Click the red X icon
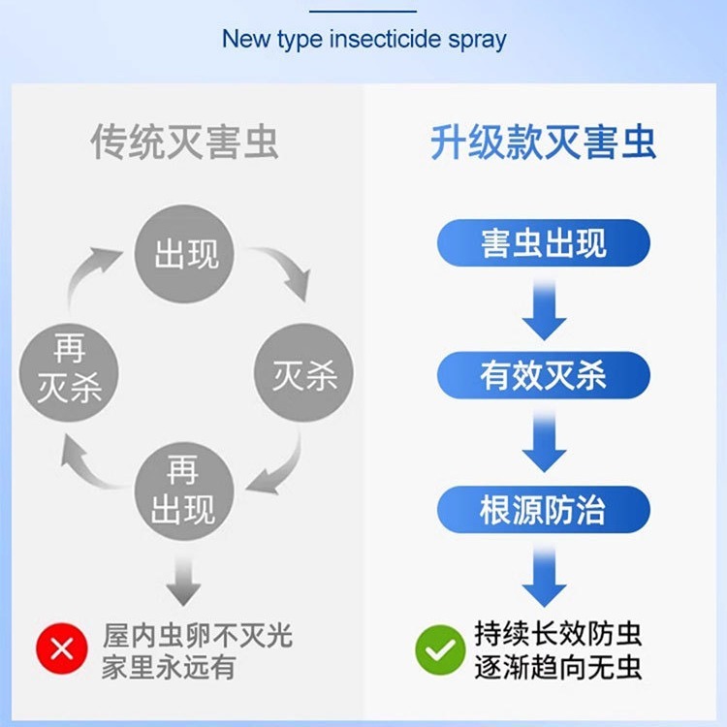point(61,649)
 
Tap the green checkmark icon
point(440,649)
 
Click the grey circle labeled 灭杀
point(303,373)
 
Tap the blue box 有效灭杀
point(543,375)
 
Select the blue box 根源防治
point(543,510)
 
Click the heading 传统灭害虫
point(184,142)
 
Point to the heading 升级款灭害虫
point(543,142)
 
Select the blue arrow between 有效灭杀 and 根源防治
point(543,443)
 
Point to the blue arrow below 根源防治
point(543,578)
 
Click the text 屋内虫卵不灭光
point(197,636)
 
